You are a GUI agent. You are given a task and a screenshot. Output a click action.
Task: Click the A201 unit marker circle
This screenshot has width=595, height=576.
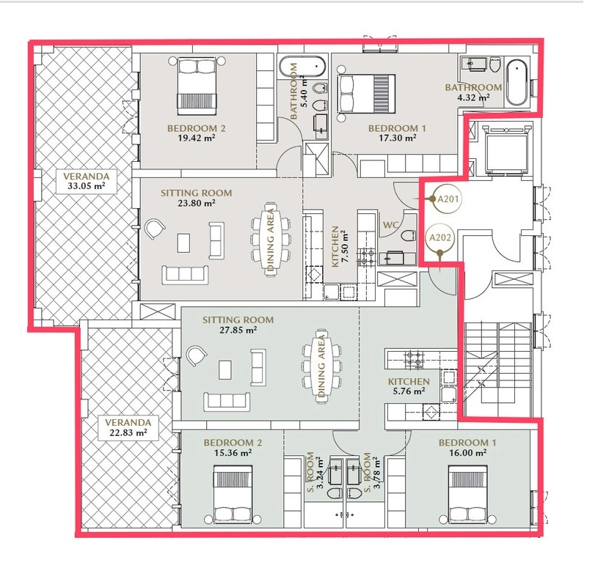click(448, 199)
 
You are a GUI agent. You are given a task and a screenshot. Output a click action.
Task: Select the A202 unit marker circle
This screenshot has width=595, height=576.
click(439, 237)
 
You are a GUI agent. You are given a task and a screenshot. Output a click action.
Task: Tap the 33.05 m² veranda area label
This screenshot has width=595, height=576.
click(86, 181)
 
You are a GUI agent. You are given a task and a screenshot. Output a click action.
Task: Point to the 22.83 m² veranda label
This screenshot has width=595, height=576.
click(128, 427)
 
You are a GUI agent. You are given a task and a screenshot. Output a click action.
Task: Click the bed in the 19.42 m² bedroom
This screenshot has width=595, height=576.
click(197, 86)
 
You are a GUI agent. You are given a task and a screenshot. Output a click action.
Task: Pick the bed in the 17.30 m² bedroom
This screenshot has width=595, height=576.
click(366, 94)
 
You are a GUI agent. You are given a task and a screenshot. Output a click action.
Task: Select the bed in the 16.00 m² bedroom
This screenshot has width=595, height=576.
click(467, 494)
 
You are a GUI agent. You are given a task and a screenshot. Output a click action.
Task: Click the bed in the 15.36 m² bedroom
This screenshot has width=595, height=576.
click(233, 494)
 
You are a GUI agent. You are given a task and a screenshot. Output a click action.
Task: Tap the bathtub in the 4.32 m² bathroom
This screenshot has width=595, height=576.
click(516, 82)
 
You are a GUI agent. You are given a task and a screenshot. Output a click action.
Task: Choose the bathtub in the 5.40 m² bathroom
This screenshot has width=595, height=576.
click(302, 67)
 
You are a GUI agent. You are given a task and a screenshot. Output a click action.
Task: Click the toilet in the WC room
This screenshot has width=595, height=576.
click(408, 236)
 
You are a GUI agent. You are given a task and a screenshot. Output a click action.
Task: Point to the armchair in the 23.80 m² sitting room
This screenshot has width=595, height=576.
click(155, 229)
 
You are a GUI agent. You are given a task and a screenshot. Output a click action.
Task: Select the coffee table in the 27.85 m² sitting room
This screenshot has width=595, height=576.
click(225, 369)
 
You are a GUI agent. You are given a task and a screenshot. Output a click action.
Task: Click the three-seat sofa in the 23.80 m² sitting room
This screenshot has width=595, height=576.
click(185, 274)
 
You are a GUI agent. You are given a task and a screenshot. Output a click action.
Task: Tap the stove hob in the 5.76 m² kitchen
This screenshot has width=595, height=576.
click(414, 359)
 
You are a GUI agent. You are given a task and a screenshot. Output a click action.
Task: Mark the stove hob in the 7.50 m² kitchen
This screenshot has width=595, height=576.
click(367, 256)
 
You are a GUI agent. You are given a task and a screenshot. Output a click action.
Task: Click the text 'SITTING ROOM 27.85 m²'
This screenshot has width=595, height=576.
click(238, 325)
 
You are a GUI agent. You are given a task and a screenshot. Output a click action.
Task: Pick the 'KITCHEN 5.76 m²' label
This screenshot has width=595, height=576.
click(409, 386)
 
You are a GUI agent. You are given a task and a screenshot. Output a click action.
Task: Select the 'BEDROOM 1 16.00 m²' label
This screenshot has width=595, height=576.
click(467, 447)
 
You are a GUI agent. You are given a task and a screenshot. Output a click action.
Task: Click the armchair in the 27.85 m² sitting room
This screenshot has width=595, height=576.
click(197, 356)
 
